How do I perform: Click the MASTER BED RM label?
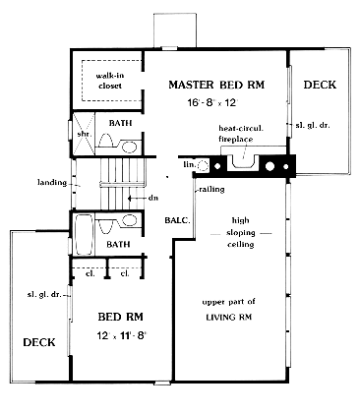216,85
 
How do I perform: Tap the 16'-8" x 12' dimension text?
212,102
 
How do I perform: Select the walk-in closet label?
110,81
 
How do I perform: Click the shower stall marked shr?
84,134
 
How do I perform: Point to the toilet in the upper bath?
106,141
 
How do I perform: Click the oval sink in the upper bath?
130,147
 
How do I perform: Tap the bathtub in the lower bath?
84,234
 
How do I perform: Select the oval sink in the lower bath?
130,220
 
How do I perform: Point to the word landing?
52,183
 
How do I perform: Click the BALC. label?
177,220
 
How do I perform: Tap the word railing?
211,189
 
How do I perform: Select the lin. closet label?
189,164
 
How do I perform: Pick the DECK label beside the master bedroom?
320,85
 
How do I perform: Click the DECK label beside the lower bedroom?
39,342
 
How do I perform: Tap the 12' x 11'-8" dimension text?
122,336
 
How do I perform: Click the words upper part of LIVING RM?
229,310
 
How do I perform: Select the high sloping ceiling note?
241,232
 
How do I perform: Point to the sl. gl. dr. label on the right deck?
313,125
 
